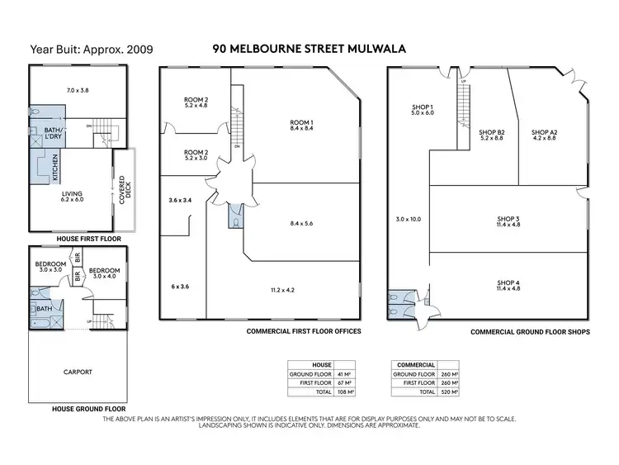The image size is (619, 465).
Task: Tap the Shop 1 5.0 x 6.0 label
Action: coord(423,111)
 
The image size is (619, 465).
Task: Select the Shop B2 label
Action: coord(492,135)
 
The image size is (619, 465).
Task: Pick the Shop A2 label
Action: coord(545,135)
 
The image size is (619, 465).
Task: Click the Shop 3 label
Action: coord(508,221)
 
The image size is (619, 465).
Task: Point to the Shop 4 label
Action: coord(508,286)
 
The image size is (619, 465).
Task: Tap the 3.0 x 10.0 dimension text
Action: coord(408,219)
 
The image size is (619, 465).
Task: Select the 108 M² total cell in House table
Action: coord(345,392)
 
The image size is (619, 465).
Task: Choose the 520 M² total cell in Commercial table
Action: coord(449,392)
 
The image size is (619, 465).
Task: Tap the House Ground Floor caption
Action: coord(78,408)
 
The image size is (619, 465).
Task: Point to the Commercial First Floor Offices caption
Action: coord(305,330)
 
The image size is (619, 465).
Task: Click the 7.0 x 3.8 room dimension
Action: coord(78,88)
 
